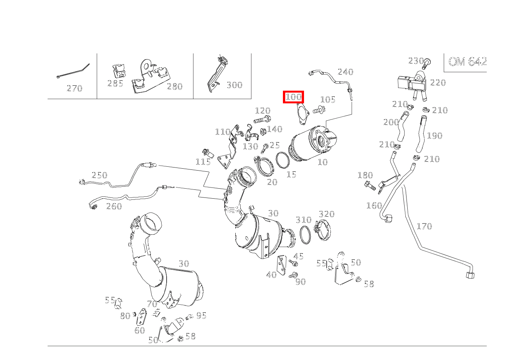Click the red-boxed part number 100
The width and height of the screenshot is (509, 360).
[x=294, y=97]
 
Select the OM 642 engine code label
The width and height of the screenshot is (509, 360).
[x=467, y=61]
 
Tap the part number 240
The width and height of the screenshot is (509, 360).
[x=345, y=72]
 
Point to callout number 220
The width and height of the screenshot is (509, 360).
[x=438, y=83]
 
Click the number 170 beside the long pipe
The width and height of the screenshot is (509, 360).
[x=424, y=226]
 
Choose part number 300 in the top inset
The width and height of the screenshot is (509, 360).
[x=234, y=85]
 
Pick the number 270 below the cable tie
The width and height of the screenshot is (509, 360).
[x=74, y=88]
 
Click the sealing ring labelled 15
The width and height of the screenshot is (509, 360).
[x=282, y=160]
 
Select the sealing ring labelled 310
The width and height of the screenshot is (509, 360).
[x=305, y=234]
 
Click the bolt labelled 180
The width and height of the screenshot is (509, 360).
[x=370, y=187]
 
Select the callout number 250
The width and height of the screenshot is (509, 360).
[x=99, y=175]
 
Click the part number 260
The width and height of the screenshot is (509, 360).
[x=114, y=206]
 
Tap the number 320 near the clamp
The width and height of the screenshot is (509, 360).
[x=327, y=214]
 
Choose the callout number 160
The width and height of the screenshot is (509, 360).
[x=374, y=206]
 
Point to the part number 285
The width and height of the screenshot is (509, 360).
[x=115, y=83]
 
